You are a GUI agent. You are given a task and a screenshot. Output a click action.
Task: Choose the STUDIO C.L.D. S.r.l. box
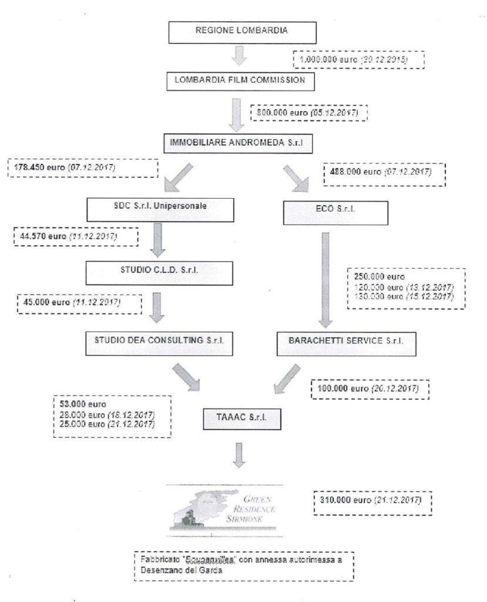pyautogui.click(x=157, y=272)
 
